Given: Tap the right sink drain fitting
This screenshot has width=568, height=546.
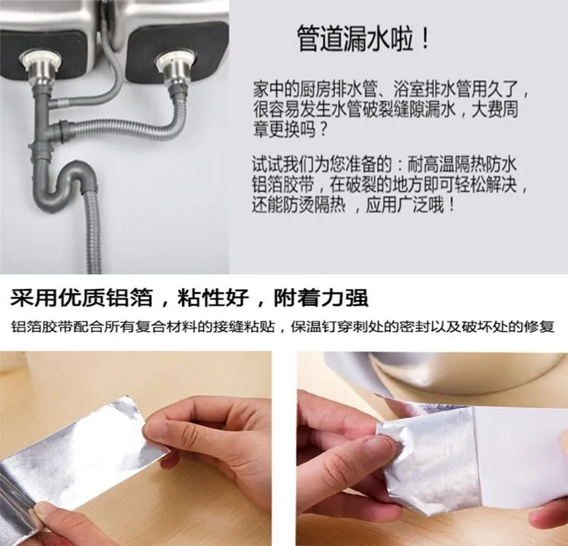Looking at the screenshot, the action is click(x=176, y=71).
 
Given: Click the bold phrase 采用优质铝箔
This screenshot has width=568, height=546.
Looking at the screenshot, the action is click(x=81, y=298).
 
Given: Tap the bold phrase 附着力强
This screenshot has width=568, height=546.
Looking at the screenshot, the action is click(x=321, y=298).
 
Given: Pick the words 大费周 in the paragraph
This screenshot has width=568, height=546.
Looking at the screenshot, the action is click(x=494, y=109).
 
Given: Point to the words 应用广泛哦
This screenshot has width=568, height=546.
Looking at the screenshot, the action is click(x=406, y=205).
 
